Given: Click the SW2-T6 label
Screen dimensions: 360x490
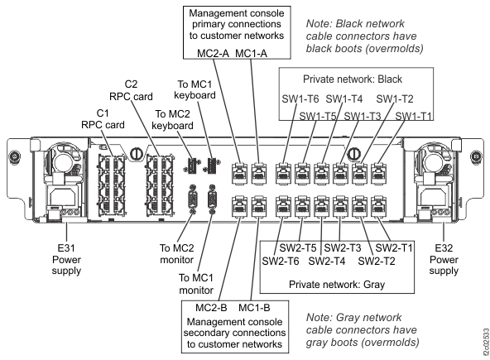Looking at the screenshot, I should coord(281,262).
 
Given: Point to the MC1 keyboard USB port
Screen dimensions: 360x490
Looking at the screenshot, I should coord(213,165).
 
